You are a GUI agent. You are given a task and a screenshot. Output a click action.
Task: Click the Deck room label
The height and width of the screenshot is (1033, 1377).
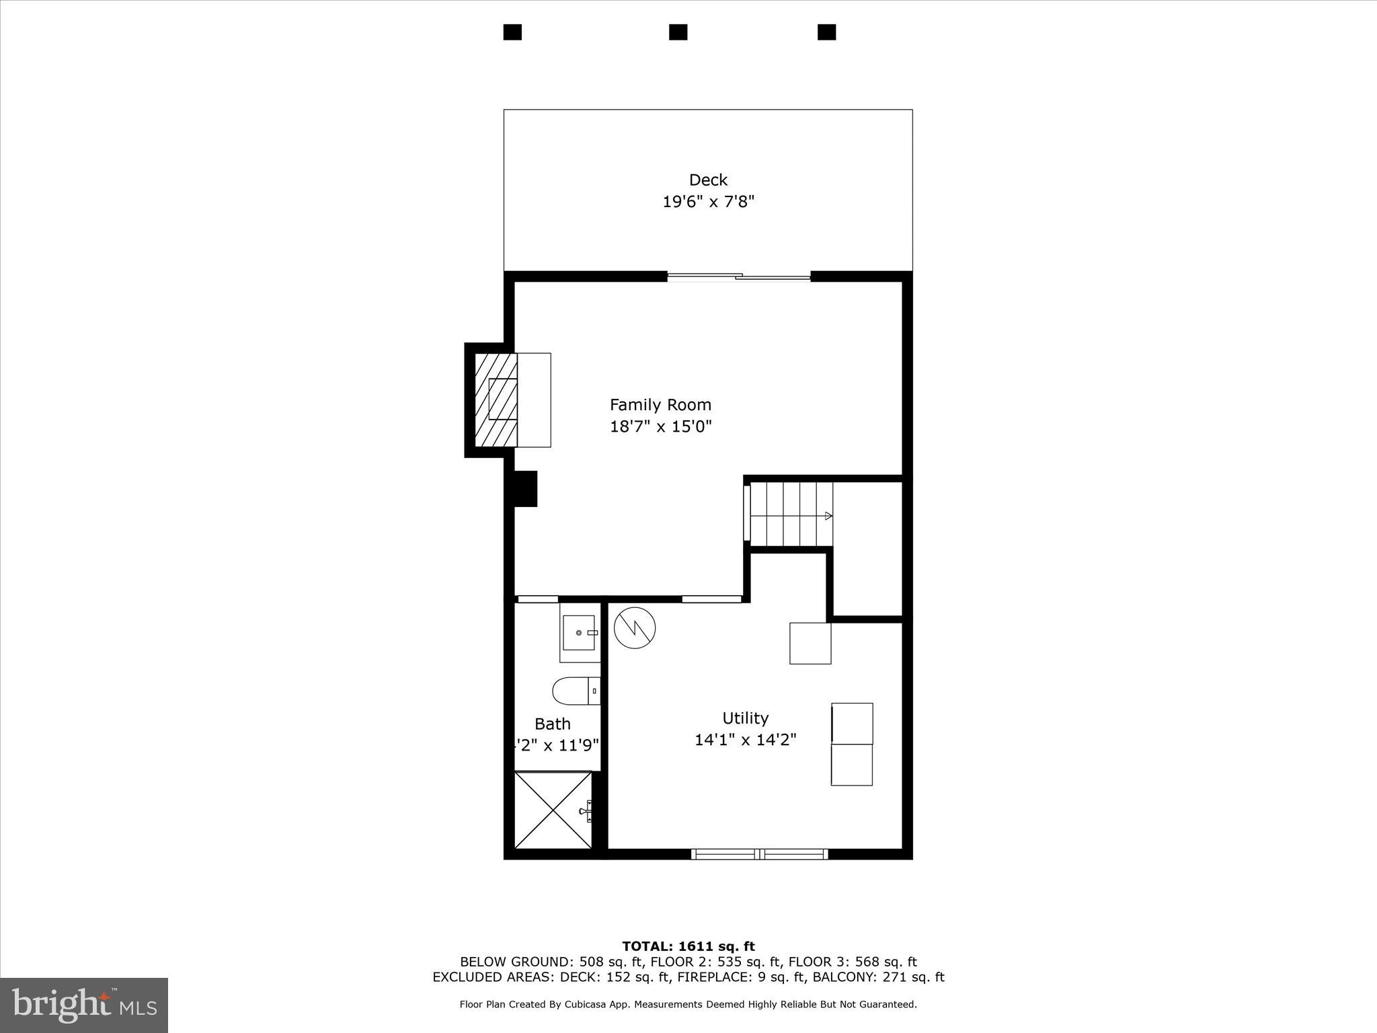(708, 180)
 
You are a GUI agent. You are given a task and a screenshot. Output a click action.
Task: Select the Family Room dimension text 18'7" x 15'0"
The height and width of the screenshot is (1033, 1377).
(660, 426)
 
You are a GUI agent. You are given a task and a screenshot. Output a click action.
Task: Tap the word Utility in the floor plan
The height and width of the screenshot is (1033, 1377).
(745, 718)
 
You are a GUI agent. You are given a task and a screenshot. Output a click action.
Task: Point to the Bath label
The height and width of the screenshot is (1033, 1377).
(553, 724)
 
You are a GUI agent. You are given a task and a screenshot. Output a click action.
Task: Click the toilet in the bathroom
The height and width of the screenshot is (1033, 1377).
(576, 691)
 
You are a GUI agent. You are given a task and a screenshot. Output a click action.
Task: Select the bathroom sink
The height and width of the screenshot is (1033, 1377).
(579, 633)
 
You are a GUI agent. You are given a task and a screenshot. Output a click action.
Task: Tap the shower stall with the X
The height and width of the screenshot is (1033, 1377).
(553, 810)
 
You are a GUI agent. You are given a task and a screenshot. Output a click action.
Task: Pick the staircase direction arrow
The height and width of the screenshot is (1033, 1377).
(828, 516)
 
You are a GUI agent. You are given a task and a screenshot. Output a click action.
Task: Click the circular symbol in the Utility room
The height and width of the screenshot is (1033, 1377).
(635, 628)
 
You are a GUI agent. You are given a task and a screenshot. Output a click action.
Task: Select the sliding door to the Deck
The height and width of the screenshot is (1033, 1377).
(739, 276)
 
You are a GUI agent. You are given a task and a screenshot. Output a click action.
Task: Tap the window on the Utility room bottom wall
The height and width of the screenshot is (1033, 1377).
(760, 854)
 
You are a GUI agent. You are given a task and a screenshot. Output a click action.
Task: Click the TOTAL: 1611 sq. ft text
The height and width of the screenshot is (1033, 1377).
(688, 947)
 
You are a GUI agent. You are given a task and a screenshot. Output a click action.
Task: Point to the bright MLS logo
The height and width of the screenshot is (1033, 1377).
(84, 1005)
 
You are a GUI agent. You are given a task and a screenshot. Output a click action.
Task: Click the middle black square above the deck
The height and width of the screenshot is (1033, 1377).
(678, 32)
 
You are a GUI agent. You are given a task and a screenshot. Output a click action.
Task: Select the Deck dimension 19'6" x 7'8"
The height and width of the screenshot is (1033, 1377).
(709, 202)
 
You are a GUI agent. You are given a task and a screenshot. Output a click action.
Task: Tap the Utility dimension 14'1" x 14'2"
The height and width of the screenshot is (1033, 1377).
(745, 740)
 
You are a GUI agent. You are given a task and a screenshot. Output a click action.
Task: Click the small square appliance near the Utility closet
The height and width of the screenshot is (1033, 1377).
(810, 644)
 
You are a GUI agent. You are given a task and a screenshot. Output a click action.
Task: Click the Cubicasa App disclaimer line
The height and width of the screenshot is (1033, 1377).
(688, 1005)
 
